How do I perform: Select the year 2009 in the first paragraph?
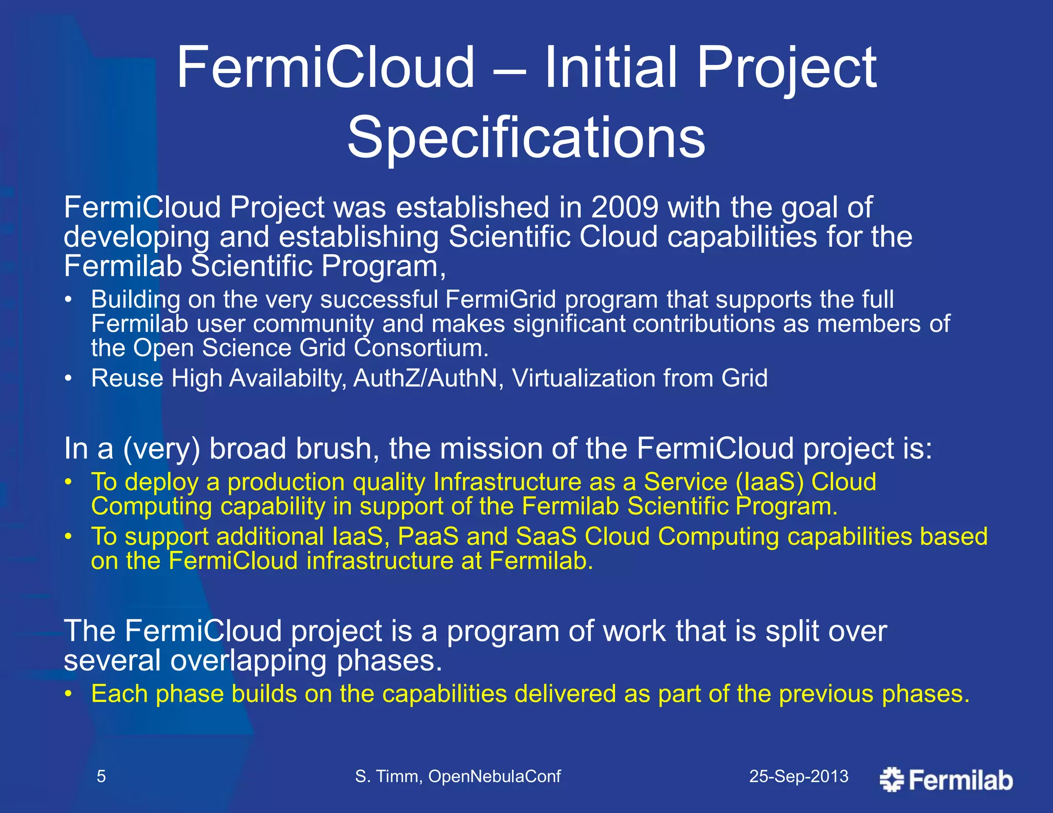point(624,208)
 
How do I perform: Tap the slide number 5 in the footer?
point(101,776)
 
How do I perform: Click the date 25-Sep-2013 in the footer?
point(798,776)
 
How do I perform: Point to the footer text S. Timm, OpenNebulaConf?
point(458,776)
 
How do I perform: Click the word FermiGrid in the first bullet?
point(500,300)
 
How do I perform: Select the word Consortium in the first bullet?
point(421,348)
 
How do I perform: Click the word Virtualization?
point(583,378)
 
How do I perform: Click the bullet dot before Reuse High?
point(68,379)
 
